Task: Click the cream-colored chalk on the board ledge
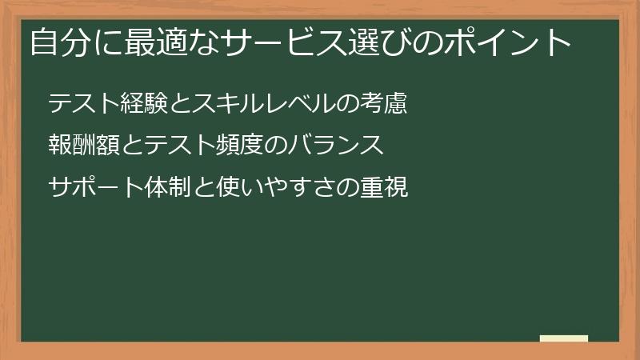coord(564,338)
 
